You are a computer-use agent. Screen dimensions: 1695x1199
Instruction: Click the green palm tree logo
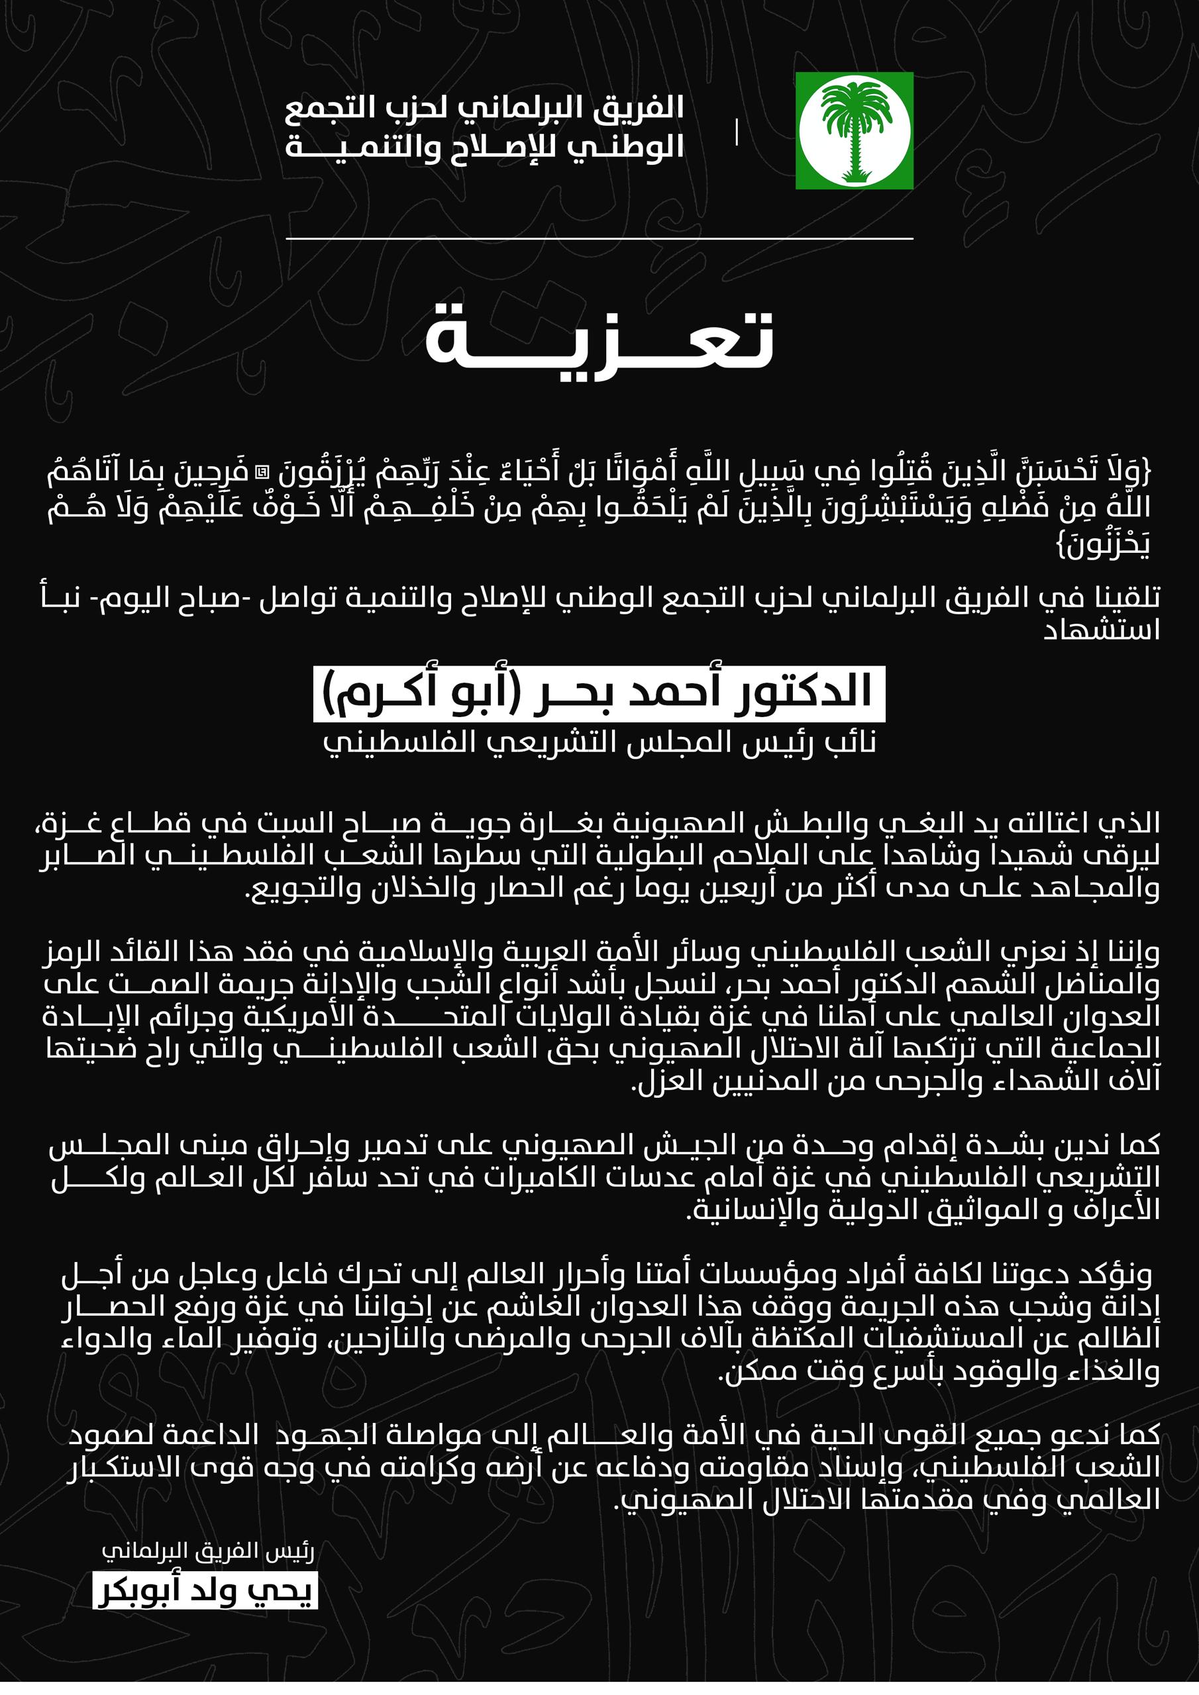click(854, 130)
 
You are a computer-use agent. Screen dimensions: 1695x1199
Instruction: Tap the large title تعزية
click(599, 338)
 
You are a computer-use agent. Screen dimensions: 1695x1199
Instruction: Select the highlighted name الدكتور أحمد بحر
click(599, 694)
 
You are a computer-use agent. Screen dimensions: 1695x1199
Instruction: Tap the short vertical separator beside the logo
click(737, 132)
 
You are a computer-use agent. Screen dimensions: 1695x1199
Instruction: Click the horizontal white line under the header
click(599, 238)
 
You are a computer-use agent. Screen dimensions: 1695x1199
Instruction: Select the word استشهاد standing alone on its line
click(1102, 630)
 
